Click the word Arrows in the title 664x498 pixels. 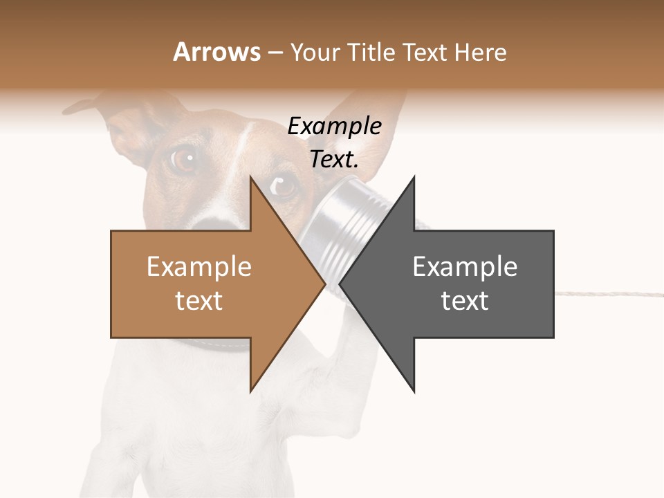point(216,52)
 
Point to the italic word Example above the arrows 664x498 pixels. point(334,127)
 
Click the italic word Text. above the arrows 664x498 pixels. point(334,160)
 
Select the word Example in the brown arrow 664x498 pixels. point(199,266)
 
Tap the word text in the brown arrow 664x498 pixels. point(199,300)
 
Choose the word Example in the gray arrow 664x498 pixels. point(465,266)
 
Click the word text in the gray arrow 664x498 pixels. point(465,300)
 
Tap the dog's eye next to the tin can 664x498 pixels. point(284,185)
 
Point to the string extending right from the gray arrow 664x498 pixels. point(609,293)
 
